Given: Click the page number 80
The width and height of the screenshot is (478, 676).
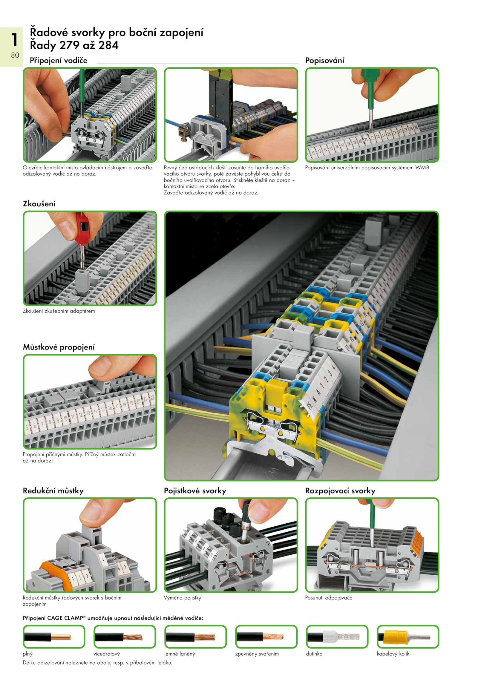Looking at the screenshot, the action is pyautogui.click(x=15, y=55).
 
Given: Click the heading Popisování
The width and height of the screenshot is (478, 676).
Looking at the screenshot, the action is pyautogui.click(x=324, y=61).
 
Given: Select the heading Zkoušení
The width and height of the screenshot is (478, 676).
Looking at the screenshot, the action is pyautogui.click(x=39, y=204).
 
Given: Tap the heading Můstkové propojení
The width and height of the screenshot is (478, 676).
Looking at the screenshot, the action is pyautogui.click(x=59, y=347).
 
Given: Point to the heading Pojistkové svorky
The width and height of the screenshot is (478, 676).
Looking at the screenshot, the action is pyautogui.click(x=195, y=490).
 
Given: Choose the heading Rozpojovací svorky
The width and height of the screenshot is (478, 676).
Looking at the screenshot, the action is pyautogui.click(x=340, y=490).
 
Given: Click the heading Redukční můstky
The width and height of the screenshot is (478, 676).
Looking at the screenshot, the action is pyautogui.click(x=53, y=490).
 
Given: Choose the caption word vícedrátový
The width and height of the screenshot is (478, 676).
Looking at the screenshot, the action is pyautogui.click(x=107, y=654).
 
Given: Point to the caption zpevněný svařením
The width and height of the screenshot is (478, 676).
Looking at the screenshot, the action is pyautogui.click(x=257, y=654).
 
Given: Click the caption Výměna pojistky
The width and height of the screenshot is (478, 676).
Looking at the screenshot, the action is pyautogui.click(x=183, y=598).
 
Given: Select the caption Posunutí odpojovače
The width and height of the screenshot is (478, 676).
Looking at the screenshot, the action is pyautogui.click(x=329, y=598).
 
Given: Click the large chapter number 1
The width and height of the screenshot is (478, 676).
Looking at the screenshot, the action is pyautogui.click(x=14, y=40).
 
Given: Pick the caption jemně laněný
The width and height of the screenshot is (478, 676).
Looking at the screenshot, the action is pyautogui.click(x=180, y=654).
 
